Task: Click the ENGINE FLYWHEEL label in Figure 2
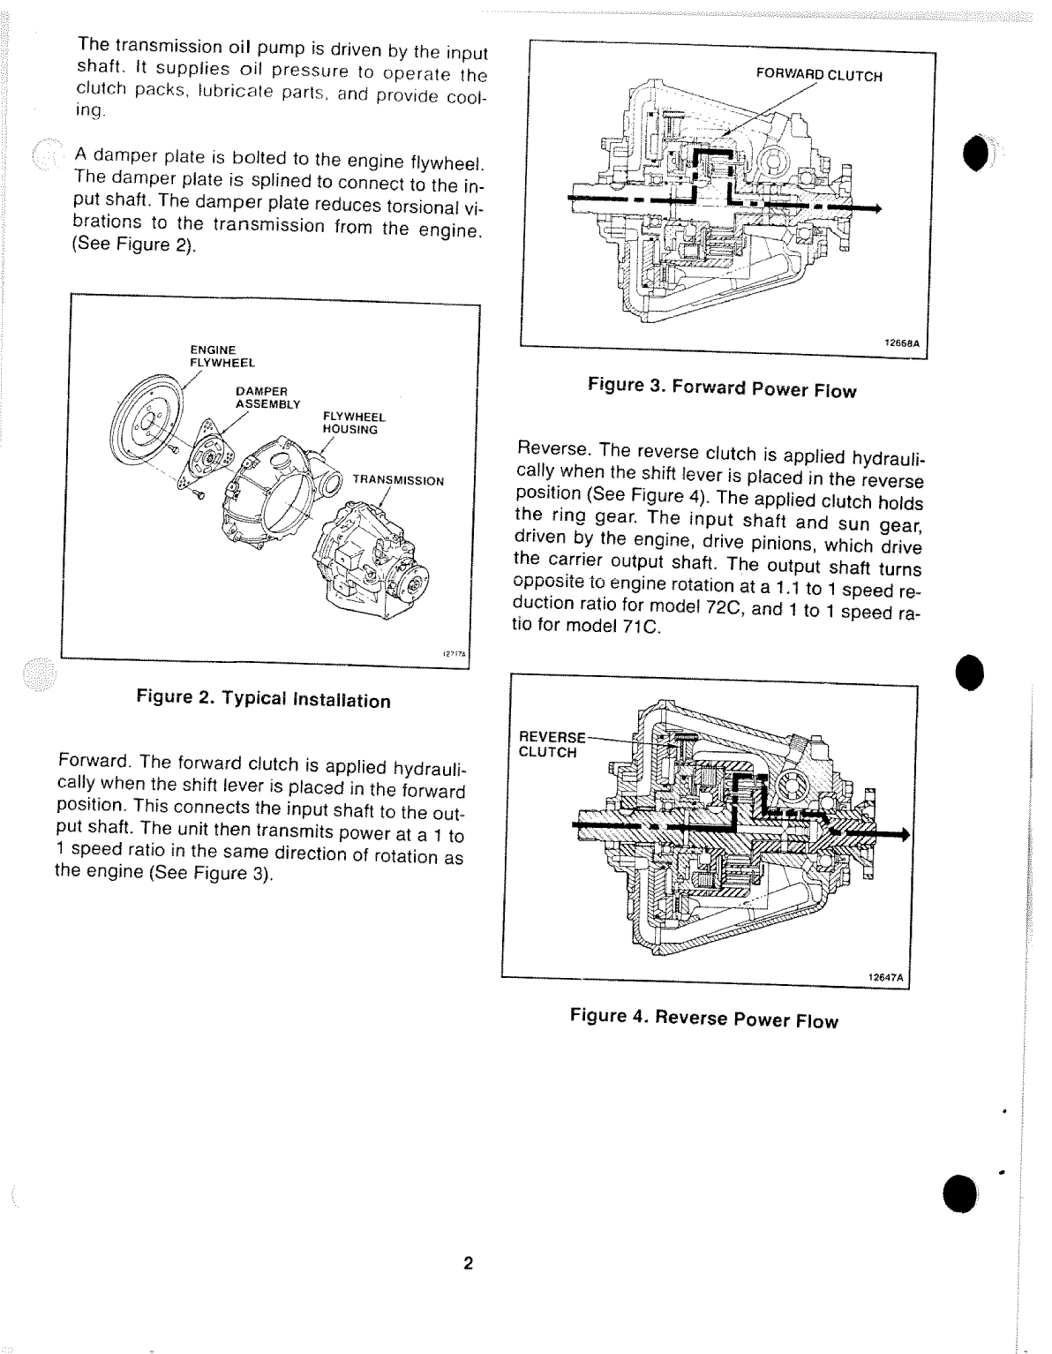(x=222, y=356)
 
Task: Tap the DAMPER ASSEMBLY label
(x=267, y=397)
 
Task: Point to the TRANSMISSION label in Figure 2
(x=398, y=481)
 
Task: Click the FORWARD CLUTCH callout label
(x=819, y=76)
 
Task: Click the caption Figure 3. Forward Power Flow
(x=722, y=388)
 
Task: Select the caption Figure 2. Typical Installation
(x=263, y=699)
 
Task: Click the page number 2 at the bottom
(x=469, y=1263)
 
